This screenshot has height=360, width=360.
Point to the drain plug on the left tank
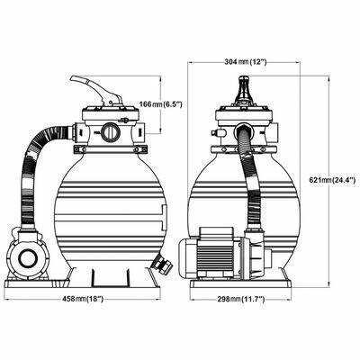tap(164, 265)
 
